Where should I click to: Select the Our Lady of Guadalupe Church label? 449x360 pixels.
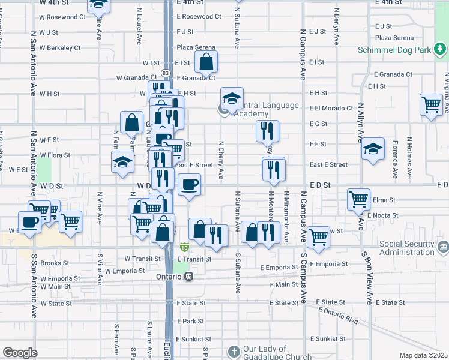[277, 353]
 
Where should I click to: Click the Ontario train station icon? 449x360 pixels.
[188, 277]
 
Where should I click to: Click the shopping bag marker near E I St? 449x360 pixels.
[206, 61]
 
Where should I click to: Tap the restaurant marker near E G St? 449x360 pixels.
[267, 130]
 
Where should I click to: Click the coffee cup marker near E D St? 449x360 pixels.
[190, 184]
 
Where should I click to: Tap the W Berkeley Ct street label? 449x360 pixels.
[60, 47]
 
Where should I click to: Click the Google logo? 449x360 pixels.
[20, 353]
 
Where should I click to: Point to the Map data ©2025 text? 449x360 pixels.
[423, 355]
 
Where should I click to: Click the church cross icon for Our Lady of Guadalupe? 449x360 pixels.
[234, 350]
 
